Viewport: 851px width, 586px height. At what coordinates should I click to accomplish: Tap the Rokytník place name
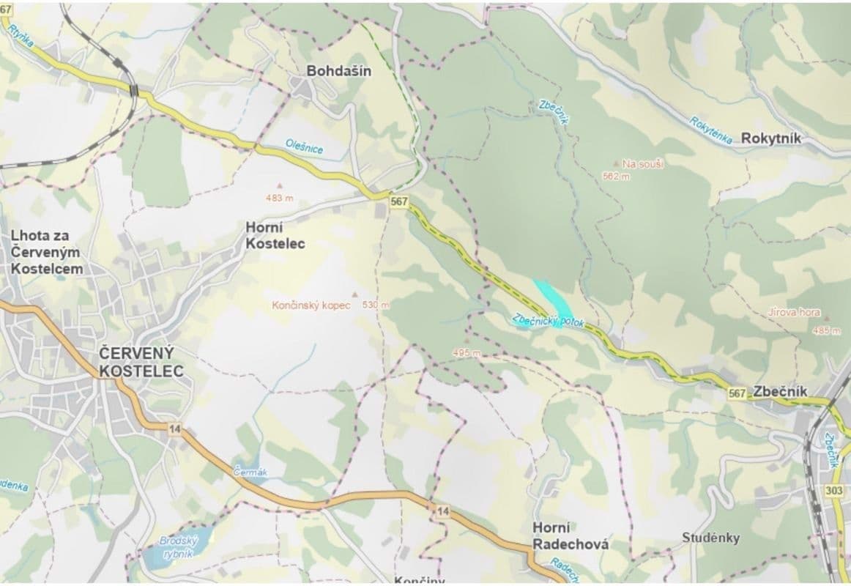point(772,138)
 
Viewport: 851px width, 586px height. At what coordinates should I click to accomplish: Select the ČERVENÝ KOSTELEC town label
point(140,362)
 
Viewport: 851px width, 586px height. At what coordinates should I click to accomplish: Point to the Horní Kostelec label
point(275,235)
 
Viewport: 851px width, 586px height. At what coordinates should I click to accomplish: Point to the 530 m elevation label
point(376,305)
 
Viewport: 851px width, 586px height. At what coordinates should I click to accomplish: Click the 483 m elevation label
point(279,198)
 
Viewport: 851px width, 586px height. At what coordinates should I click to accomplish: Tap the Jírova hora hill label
point(793,312)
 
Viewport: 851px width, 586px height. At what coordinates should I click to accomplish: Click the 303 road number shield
point(833,490)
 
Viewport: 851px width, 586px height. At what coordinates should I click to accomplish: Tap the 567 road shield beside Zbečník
point(737,393)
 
